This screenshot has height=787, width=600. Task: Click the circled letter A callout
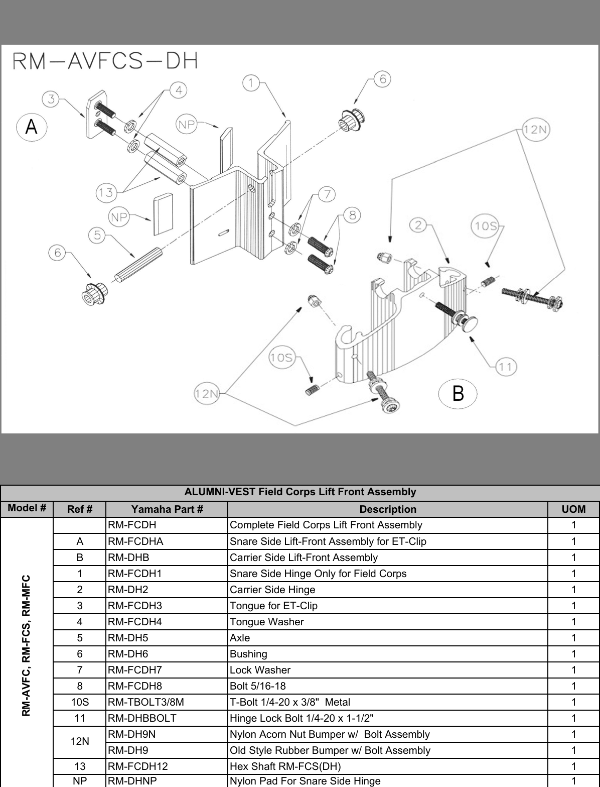[31, 127]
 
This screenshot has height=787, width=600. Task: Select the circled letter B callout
[458, 392]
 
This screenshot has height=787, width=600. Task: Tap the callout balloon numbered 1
[251, 82]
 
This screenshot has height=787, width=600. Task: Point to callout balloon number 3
[51, 99]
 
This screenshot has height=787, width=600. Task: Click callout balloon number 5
[97, 235]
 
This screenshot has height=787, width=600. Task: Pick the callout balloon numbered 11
[506, 367]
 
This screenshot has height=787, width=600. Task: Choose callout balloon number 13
[106, 192]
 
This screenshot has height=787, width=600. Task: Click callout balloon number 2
[419, 225]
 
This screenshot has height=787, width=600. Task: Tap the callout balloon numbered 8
[353, 215]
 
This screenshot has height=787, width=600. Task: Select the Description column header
[387, 509]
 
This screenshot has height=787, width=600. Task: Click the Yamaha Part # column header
[167, 509]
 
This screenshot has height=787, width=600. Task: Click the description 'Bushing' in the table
[248, 654]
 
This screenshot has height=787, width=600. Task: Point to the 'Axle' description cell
[240, 638]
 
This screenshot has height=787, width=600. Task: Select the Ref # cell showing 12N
[80, 742]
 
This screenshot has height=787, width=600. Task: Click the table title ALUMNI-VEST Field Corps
[300, 492]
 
